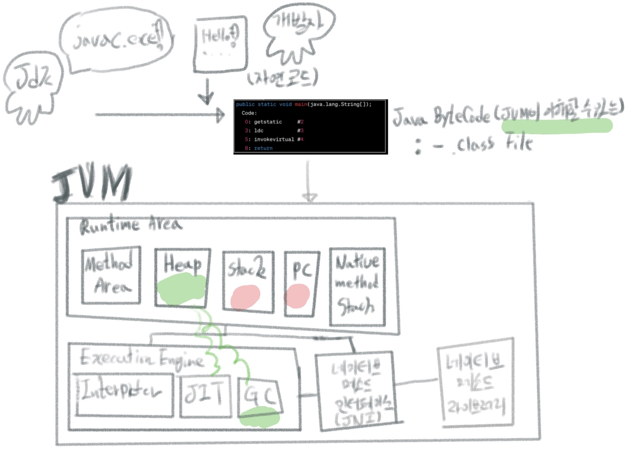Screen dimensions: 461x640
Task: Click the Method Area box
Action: point(111,275)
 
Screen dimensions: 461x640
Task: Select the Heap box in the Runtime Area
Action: point(182,277)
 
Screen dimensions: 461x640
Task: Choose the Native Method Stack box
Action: point(357,287)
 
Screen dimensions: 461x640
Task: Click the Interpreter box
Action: point(124,394)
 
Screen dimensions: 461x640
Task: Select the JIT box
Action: point(205,396)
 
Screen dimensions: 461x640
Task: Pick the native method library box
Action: point(475,384)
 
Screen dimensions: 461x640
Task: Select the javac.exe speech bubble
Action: point(116,41)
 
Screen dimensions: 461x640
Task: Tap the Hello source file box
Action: point(221,44)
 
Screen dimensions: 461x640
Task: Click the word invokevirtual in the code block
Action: point(274,139)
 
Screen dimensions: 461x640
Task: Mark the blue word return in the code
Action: point(263,148)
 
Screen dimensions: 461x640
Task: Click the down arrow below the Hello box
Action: point(206,93)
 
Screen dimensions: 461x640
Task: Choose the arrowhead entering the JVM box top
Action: point(309,197)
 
